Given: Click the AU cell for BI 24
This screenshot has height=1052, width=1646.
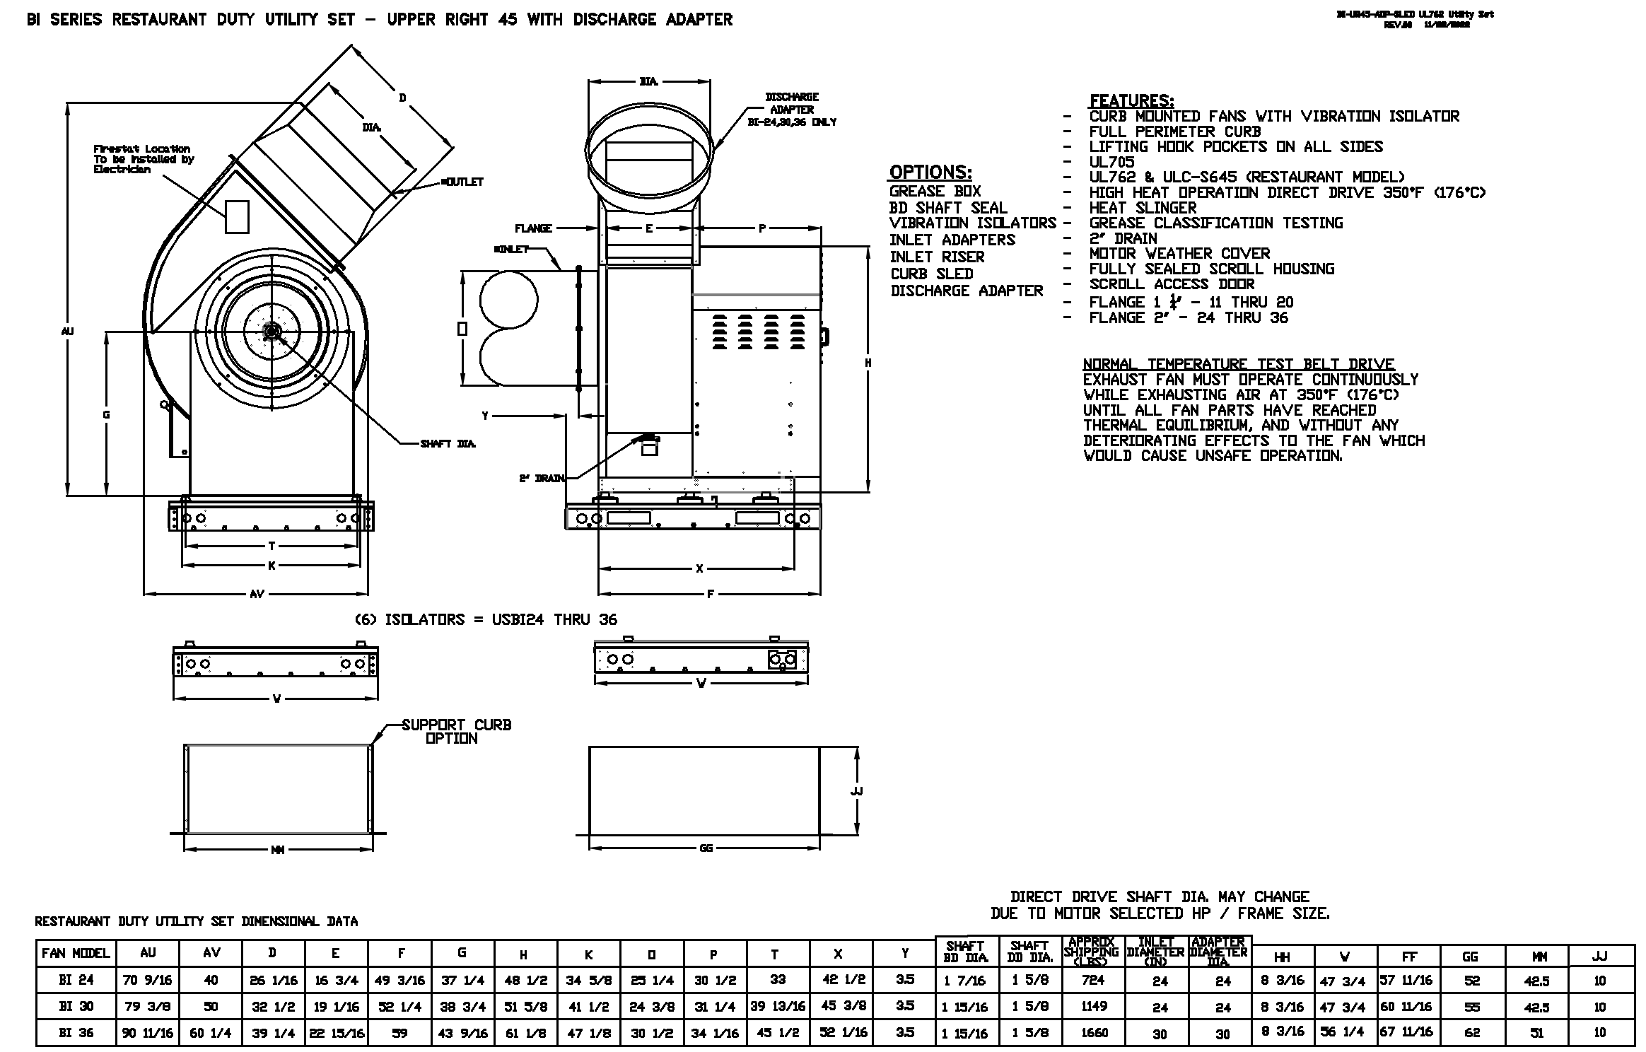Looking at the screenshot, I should point(148,980).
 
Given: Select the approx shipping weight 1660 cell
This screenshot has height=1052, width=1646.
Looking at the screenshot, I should point(1094,1033).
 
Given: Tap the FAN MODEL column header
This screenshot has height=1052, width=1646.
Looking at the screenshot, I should point(76,953).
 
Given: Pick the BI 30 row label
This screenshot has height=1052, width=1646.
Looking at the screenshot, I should point(76,1006).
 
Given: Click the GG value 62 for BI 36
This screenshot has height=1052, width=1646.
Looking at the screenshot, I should point(1472,1033).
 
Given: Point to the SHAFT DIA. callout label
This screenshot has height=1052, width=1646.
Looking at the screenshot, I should point(448,444).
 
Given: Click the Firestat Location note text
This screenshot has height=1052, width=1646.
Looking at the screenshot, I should point(142,159).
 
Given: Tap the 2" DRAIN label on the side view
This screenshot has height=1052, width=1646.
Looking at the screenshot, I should point(542,479).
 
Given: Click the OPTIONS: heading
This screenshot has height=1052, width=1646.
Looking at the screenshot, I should point(930,173).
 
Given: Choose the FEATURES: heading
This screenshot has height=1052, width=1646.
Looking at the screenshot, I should point(1131,100).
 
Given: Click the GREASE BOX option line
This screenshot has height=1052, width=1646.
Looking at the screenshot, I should point(935,191).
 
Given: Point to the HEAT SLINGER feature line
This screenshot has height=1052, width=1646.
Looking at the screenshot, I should point(1143,208).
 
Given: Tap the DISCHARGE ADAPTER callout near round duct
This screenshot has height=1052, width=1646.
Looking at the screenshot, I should point(792,109).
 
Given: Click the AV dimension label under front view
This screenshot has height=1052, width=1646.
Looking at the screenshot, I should point(257,595).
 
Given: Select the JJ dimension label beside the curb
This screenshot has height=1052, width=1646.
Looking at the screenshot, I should point(856,791).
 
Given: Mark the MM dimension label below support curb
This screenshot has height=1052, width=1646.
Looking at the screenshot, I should point(277,850).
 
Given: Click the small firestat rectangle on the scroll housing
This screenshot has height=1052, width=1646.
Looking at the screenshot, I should point(237,216).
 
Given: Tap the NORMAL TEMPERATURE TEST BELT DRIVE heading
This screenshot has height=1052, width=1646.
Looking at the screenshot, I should point(1238,364).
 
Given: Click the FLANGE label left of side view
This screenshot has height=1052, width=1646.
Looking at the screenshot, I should point(533,228).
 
